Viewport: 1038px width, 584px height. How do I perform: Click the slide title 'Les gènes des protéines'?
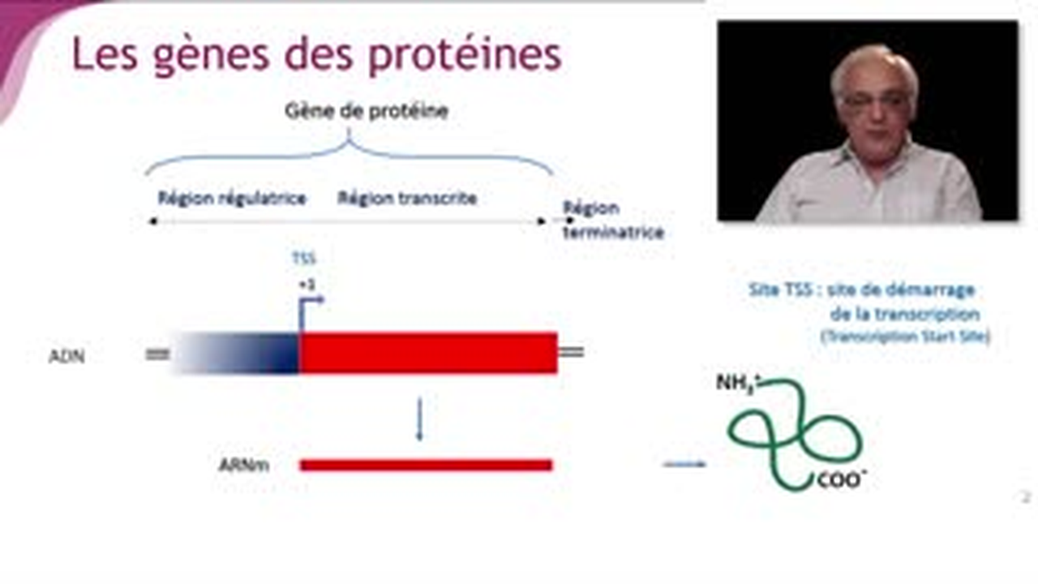point(316,55)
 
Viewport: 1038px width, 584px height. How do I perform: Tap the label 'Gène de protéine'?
point(366,112)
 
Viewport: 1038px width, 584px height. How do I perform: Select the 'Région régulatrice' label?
point(232,198)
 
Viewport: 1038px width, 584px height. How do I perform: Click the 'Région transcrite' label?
point(407,198)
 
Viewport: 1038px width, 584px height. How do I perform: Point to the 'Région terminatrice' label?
point(613,221)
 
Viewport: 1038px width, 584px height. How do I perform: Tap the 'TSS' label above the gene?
point(303,259)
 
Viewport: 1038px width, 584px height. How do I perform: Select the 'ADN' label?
point(66,356)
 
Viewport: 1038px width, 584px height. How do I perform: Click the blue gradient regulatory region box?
point(235,354)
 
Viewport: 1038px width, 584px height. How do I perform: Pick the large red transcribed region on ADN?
point(427,354)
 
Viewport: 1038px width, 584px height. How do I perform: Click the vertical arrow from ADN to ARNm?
point(419,419)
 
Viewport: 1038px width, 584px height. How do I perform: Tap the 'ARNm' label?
point(243,466)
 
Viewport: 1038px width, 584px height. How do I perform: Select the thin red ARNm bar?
point(426,465)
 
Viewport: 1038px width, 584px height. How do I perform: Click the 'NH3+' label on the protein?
point(736,383)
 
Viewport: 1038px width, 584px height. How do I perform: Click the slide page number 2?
point(1025,497)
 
